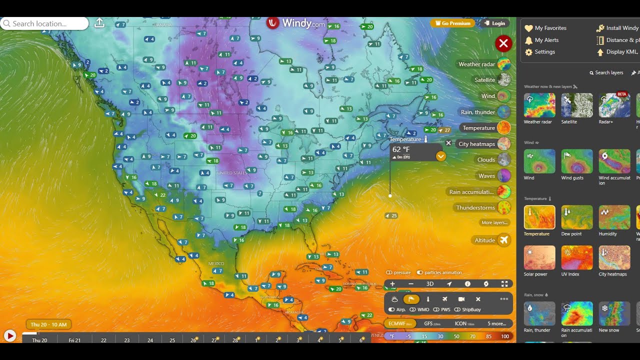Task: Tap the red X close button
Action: tap(503, 43)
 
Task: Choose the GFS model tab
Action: tap(432, 323)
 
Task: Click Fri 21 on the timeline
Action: tap(74, 340)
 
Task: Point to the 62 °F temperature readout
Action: tap(401, 149)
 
